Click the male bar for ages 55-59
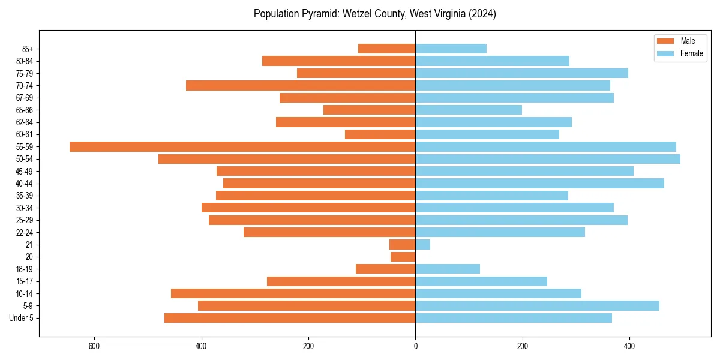coord(242,147)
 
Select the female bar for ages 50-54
coord(548,159)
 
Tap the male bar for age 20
coord(403,257)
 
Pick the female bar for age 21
coord(423,245)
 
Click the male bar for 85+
coord(386,49)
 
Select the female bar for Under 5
coord(514,318)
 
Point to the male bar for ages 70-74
coord(301,86)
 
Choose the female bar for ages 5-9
coord(537,306)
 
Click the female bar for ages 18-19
coord(448,269)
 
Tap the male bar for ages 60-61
coord(380,134)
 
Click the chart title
coord(374,14)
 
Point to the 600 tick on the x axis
coord(94,346)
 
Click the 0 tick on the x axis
coord(415,346)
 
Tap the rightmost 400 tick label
coord(629,346)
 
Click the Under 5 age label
coord(21,318)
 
